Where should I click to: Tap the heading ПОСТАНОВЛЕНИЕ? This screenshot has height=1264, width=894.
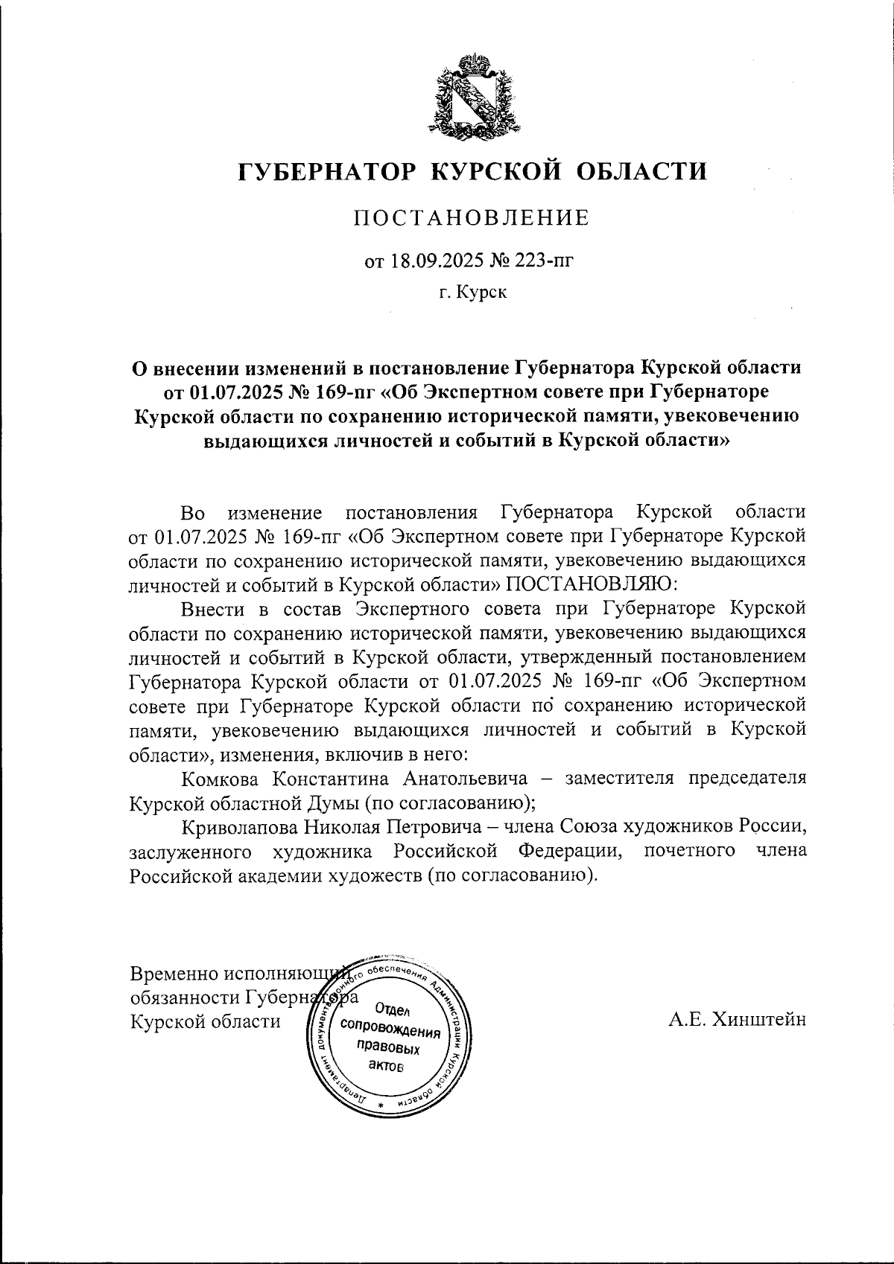coord(470,218)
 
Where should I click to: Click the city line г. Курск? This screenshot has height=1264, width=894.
coord(472,293)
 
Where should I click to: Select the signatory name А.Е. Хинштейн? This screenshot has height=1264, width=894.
coord(737,1020)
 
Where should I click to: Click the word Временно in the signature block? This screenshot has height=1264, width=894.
coord(171,974)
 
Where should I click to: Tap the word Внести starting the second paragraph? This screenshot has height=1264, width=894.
coord(212,607)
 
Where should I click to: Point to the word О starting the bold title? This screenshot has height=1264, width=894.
coord(139,368)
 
